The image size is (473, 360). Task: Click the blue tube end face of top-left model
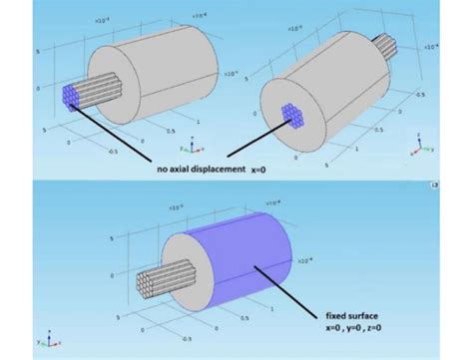click(71, 97)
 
